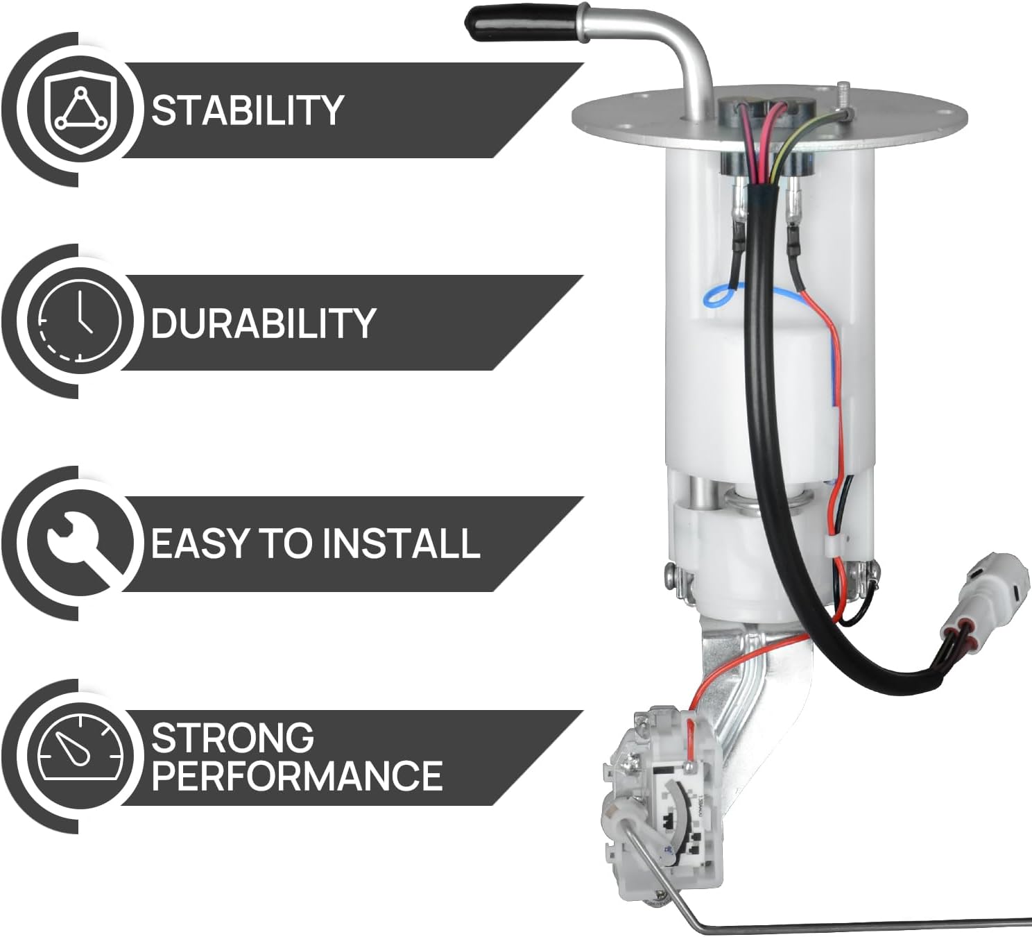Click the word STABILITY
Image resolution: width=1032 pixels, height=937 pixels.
pos(247,110)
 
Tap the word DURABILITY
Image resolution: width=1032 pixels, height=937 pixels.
pos(263,323)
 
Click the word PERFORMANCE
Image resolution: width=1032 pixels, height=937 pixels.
pos(297,775)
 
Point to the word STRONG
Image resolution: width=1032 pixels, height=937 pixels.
pos(232,738)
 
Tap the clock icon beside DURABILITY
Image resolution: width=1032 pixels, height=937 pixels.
pos(80,321)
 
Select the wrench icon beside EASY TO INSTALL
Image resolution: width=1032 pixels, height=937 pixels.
pos(80,544)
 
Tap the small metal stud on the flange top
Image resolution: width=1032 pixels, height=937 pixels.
pos(843,94)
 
